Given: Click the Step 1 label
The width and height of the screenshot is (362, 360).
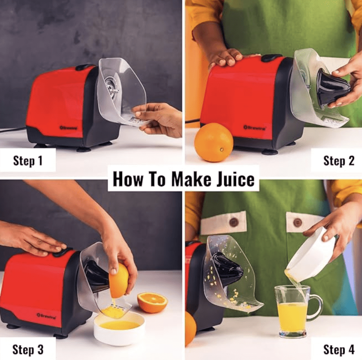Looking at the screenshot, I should (x=27, y=161).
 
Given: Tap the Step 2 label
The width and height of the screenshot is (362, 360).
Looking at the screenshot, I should (x=339, y=161).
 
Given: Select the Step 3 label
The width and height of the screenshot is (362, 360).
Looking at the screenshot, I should (x=27, y=349).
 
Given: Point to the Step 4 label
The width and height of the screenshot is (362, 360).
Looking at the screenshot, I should (x=339, y=349).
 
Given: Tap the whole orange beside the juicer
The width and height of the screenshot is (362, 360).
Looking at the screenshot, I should (x=213, y=142).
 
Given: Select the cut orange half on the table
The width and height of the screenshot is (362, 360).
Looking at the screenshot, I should (x=152, y=302).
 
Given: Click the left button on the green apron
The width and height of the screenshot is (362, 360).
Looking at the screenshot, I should (x=234, y=222).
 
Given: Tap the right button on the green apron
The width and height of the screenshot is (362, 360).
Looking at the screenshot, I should (x=298, y=222).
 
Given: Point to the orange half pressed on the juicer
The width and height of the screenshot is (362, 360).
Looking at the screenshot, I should (x=119, y=281).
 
